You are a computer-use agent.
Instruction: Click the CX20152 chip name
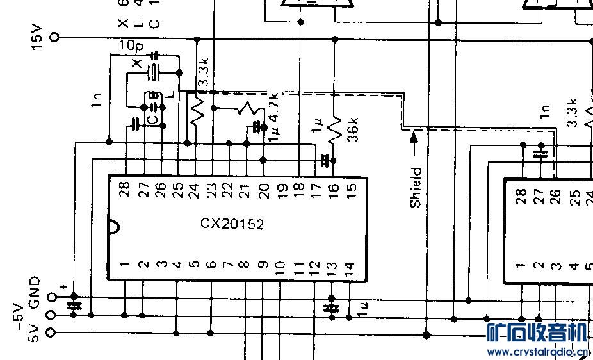click(232, 224)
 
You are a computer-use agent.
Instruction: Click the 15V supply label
click(36, 38)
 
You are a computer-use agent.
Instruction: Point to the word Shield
click(416, 187)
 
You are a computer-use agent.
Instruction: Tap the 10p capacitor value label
click(131, 46)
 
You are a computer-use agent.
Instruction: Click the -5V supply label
click(19, 315)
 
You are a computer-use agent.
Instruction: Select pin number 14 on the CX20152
click(348, 266)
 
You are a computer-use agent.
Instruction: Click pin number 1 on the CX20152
click(124, 265)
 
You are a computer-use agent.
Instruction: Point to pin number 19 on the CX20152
click(280, 189)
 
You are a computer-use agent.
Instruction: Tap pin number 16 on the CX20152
click(333, 189)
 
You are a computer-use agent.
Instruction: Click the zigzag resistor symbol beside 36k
click(334, 129)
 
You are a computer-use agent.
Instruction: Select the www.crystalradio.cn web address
click(537, 352)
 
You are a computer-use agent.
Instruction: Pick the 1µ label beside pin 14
click(364, 311)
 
